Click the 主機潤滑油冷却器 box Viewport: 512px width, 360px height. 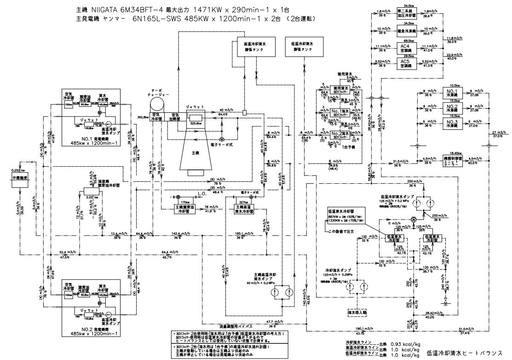click(183, 208)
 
